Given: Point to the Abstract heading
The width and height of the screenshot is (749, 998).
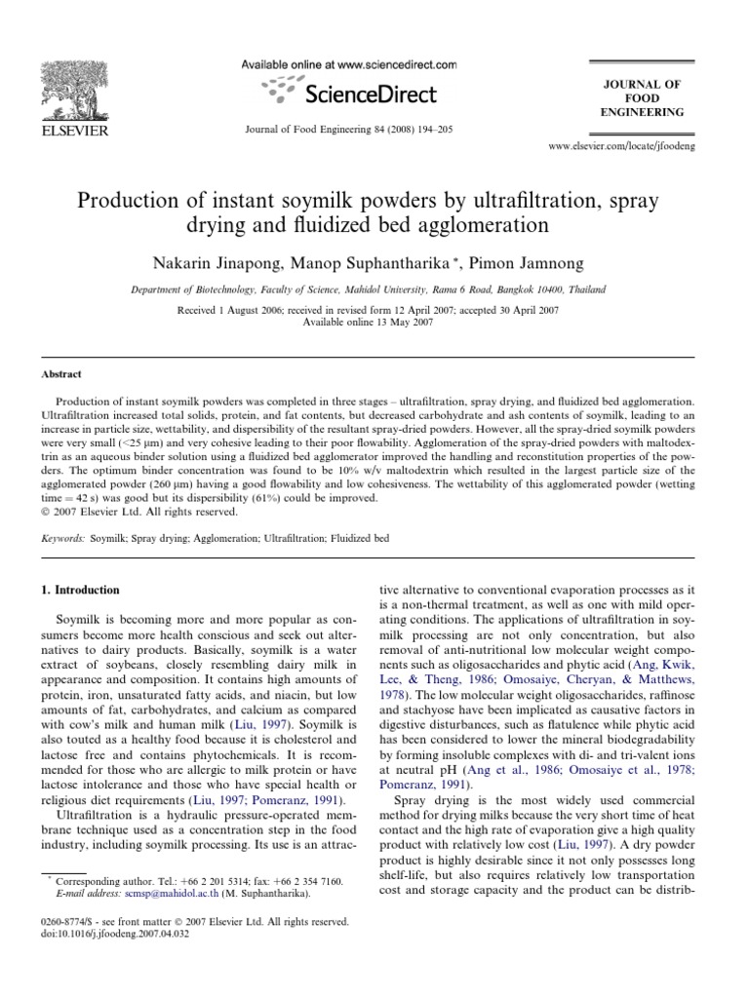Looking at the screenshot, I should tap(61, 373).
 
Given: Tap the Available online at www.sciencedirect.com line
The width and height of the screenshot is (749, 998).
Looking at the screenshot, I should tap(347, 64).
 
